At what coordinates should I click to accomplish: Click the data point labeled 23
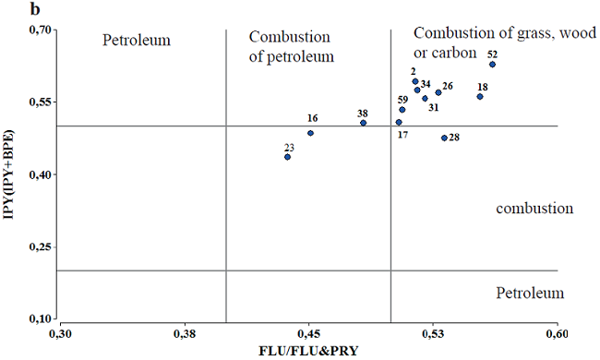point(288,157)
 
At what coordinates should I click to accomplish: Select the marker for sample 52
point(493,65)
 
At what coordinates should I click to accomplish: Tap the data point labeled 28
point(444,138)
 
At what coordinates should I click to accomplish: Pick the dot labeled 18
point(480,97)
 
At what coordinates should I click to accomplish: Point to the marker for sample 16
point(311,133)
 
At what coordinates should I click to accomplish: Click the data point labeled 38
point(363,123)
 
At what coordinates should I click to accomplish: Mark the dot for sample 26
point(438,92)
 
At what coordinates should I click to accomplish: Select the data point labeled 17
point(399,122)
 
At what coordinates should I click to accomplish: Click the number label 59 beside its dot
point(402,100)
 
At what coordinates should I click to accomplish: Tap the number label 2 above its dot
point(414,71)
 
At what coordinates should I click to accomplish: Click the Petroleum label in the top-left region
point(138,41)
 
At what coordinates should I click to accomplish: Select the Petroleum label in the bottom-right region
point(529,294)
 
